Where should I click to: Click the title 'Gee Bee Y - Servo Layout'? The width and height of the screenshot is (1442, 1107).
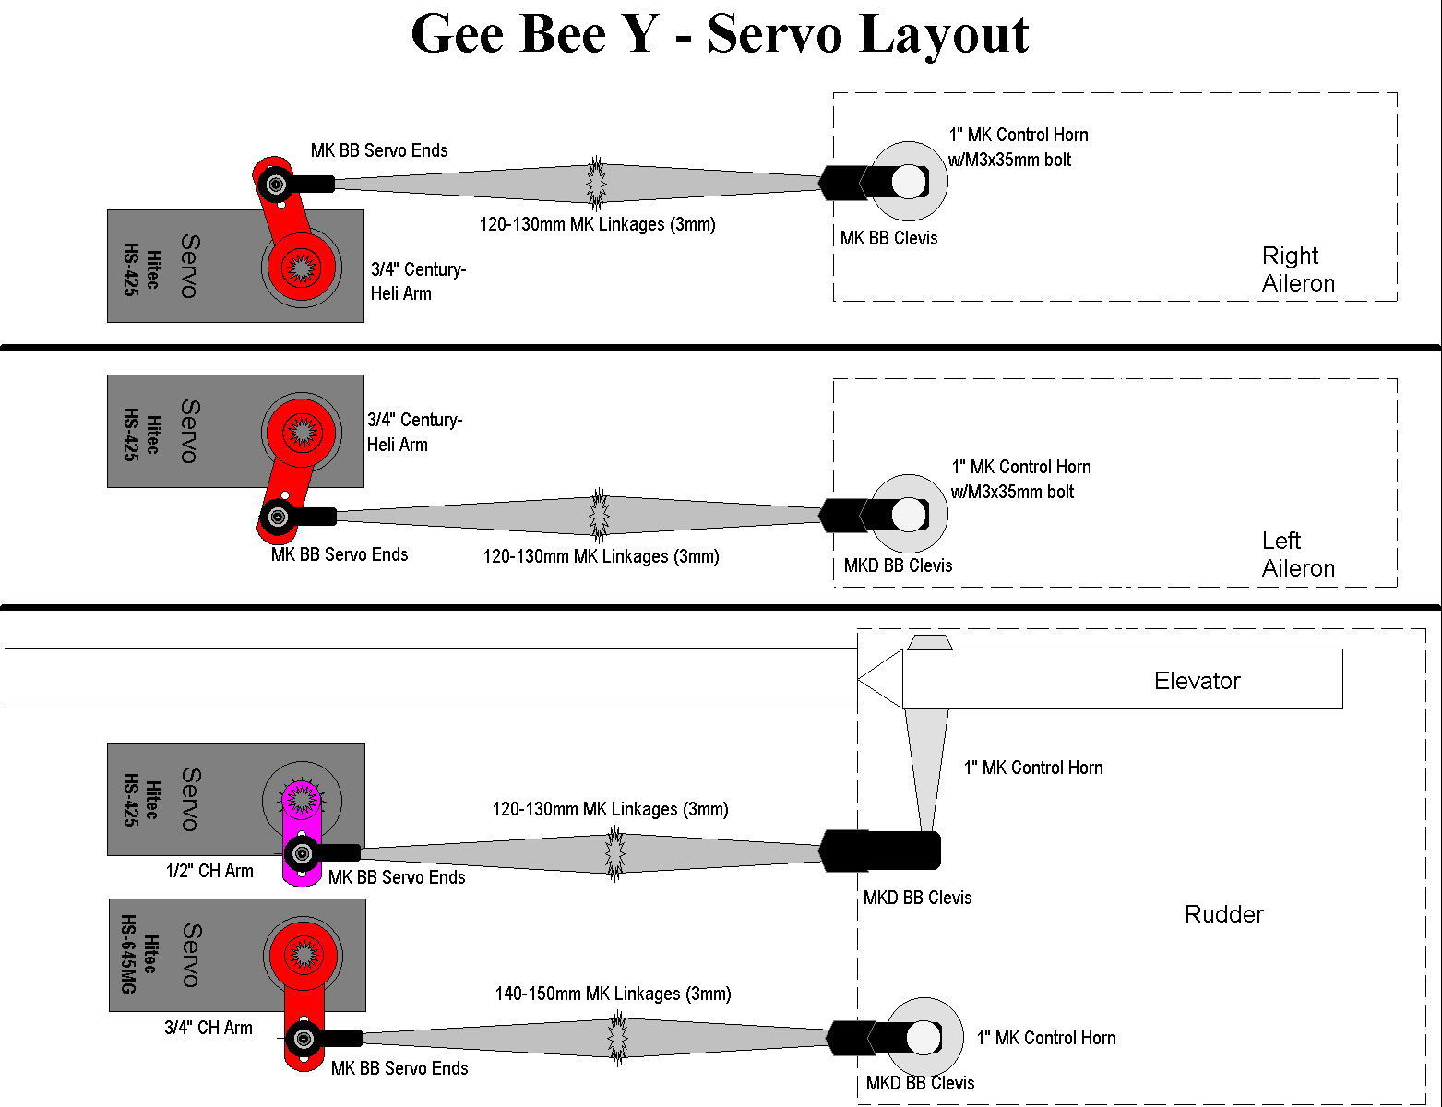point(720,35)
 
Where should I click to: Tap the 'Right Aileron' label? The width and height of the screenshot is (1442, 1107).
point(1298,269)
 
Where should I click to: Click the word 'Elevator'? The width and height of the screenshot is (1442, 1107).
point(1197,681)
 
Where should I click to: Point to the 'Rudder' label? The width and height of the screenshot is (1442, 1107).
point(1223,914)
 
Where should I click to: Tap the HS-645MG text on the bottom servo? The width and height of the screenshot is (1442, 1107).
point(128,955)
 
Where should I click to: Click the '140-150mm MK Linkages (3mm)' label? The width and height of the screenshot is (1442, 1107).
point(613,994)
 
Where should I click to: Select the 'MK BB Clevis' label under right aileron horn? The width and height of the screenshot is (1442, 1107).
point(888,238)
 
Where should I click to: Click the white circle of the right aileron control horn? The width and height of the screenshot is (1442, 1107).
point(909,182)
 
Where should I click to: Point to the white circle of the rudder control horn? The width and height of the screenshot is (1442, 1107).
point(924,1038)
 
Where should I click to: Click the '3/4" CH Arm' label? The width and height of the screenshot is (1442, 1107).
point(208,1028)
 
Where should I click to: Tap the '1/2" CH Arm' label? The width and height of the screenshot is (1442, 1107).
point(209,871)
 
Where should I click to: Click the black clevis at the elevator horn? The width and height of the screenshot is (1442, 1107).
point(881,851)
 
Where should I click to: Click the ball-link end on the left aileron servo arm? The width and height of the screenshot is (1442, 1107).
point(277,517)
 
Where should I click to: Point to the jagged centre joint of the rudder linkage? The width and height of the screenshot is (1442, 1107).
point(616,1038)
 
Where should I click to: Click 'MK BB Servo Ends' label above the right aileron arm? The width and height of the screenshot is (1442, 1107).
point(379,150)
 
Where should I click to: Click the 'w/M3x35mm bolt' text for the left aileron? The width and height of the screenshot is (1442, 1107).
point(1012,492)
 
